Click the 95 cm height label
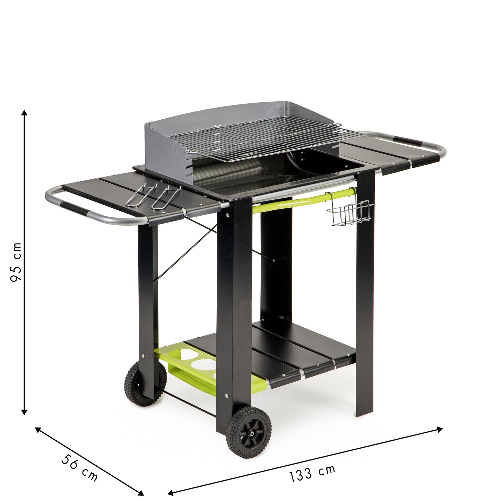(x=16, y=262)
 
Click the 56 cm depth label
(x=79, y=467)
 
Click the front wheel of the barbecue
(x=249, y=433)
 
